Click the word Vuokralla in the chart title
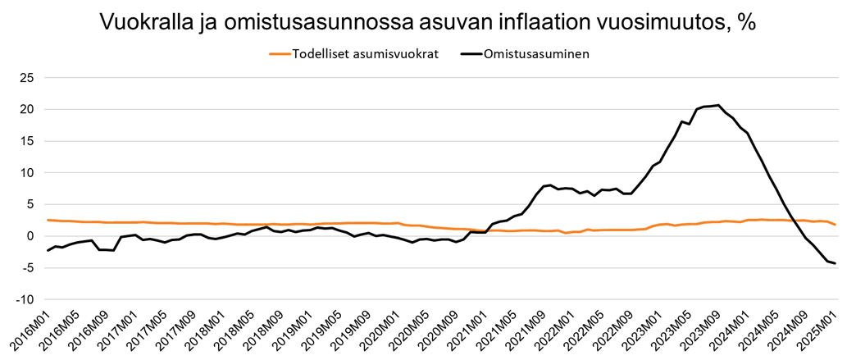click(x=144, y=21)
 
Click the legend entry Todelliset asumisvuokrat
click(x=366, y=54)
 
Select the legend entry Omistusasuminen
click(x=537, y=54)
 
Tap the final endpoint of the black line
click(x=835, y=263)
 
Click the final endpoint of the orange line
click(x=835, y=225)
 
